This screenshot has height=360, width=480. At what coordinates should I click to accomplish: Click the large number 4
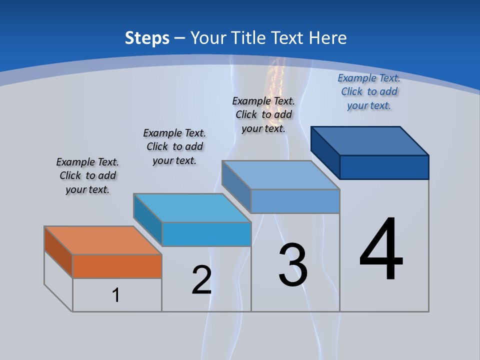click(381, 250)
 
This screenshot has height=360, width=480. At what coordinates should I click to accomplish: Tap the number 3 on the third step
click(293, 265)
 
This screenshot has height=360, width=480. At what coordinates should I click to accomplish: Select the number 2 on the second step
click(201, 280)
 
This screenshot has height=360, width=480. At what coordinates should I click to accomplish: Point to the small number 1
click(116, 295)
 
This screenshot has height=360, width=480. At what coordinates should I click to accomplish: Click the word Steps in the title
click(147, 38)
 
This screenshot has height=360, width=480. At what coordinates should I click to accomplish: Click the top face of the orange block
click(102, 240)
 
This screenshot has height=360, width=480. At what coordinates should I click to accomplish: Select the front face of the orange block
click(117, 266)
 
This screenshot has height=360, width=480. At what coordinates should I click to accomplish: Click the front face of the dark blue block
click(384, 167)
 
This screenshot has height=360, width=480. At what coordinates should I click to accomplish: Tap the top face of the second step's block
click(192, 207)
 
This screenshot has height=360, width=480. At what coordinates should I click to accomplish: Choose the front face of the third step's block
click(295, 201)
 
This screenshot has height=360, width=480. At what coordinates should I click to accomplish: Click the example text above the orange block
click(87, 175)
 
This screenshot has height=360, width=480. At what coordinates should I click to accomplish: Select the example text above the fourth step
click(369, 91)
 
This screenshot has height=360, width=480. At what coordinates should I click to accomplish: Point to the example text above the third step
click(263, 114)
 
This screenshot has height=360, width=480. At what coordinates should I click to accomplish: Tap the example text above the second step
click(174, 146)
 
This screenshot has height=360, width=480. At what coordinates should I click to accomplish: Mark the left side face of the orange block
click(58, 251)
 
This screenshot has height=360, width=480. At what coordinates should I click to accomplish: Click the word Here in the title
click(328, 38)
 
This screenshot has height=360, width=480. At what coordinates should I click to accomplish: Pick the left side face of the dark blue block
click(325, 152)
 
